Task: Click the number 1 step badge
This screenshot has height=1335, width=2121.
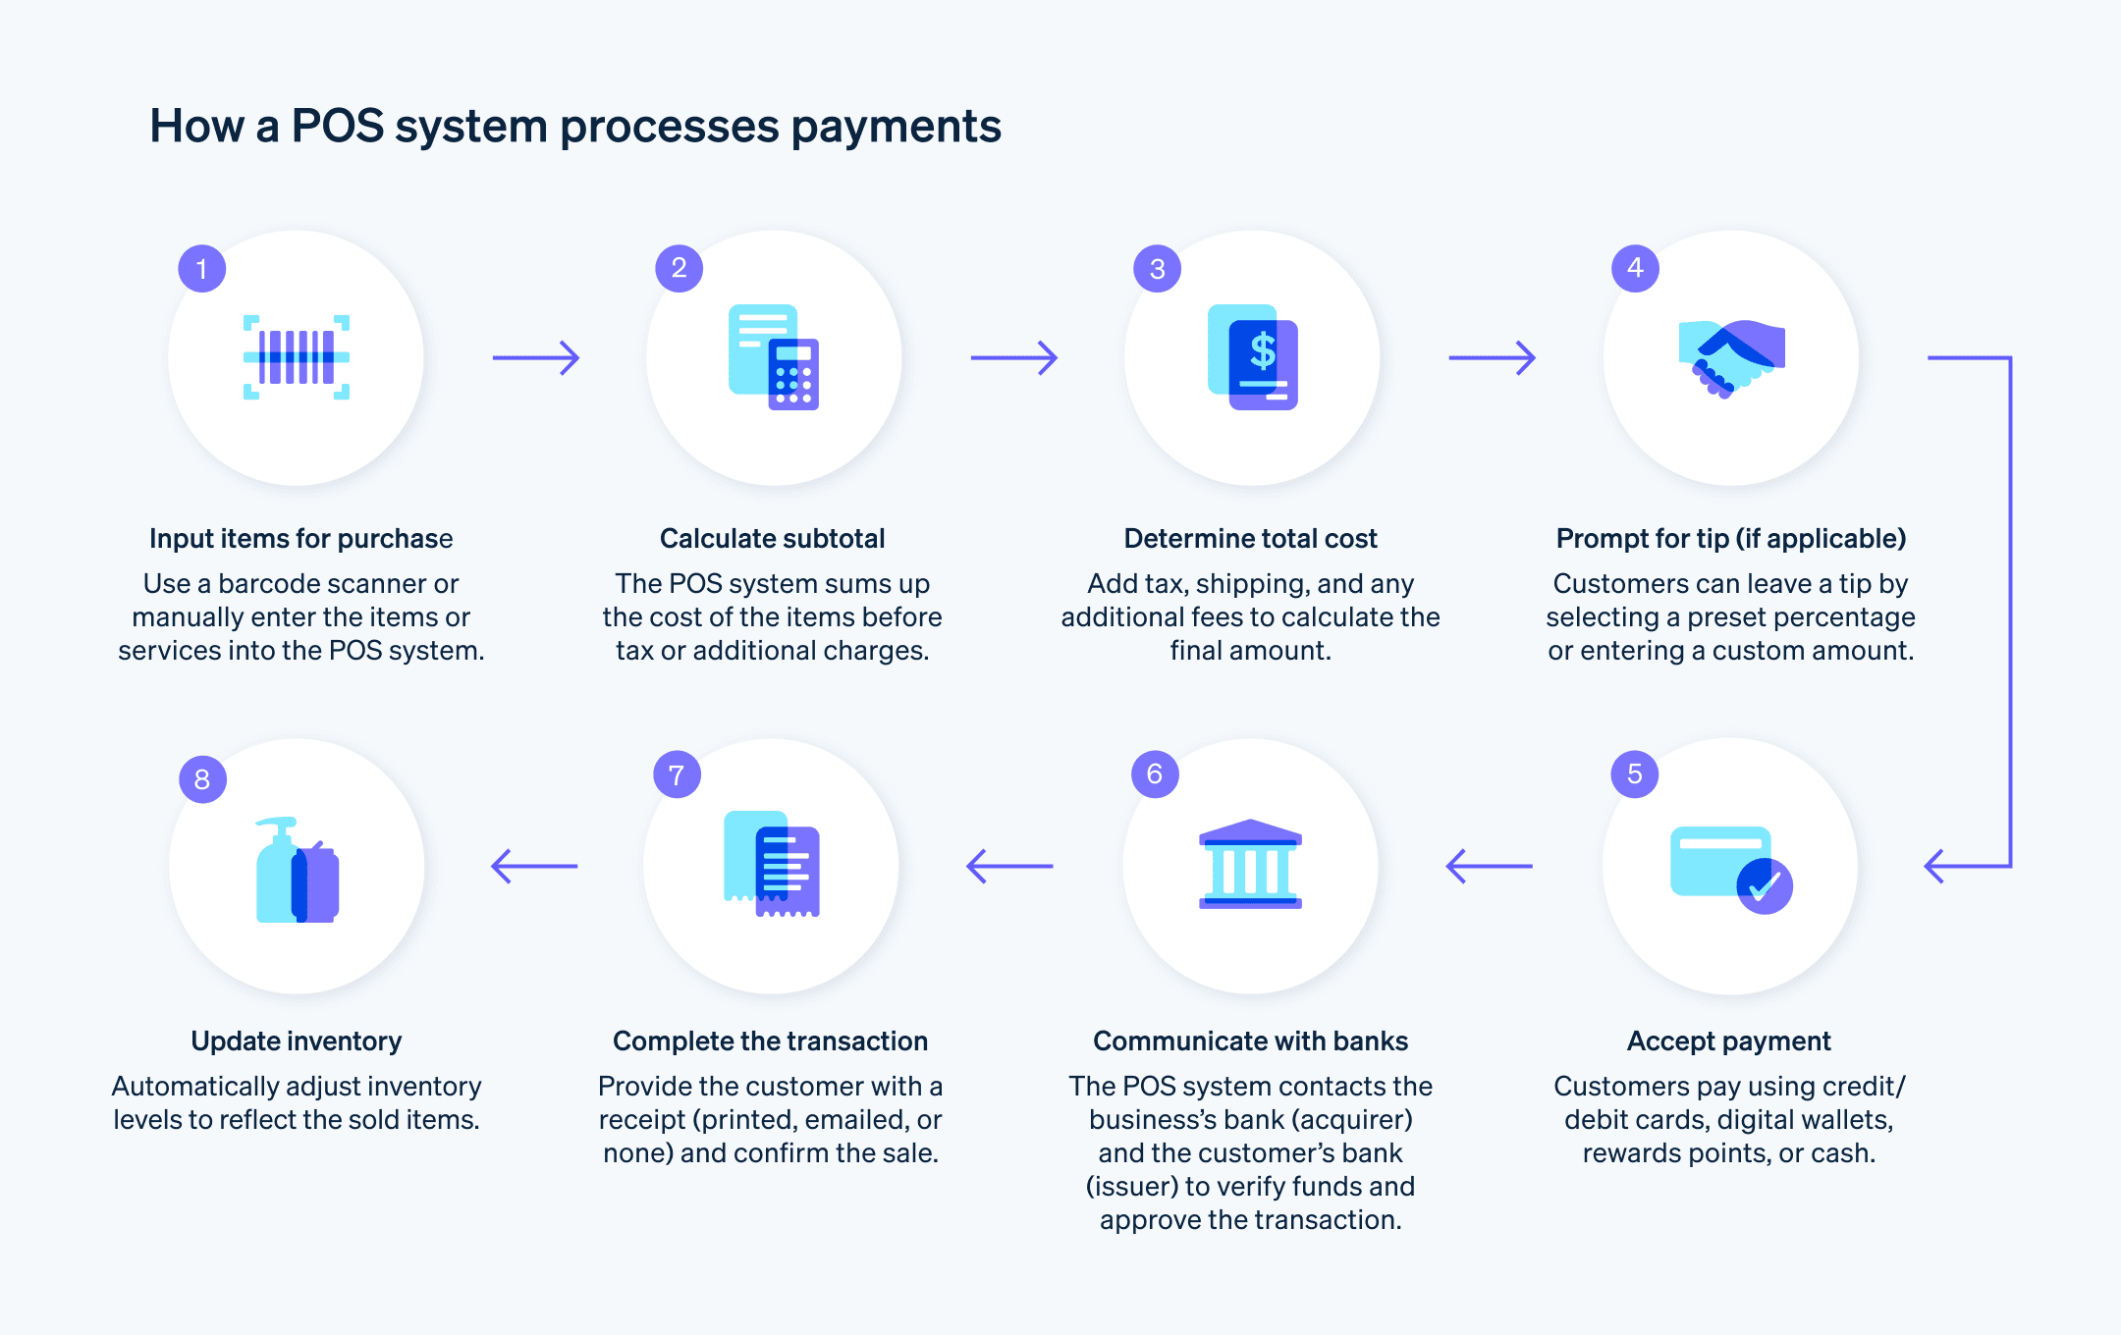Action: [202, 268]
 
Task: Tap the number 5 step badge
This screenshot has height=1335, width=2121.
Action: [1635, 774]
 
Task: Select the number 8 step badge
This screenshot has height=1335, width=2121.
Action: [202, 778]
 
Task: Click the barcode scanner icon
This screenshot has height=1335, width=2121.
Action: [297, 357]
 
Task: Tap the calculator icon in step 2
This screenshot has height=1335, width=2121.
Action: [793, 374]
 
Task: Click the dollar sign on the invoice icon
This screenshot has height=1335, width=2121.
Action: [1263, 350]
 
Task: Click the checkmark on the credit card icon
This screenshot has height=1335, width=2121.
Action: [1765, 886]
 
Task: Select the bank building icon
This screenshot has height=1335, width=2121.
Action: [1250, 864]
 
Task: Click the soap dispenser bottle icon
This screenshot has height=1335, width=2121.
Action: [279, 871]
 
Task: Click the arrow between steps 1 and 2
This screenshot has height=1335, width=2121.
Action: [536, 357]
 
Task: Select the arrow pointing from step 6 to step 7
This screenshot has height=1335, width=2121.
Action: [1009, 866]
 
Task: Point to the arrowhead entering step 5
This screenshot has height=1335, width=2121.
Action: [1934, 866]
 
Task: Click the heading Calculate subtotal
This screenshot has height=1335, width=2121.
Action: [772, 538]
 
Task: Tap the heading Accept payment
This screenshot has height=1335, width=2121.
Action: [1728, 1041]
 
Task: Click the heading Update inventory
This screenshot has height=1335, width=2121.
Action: [297, 1041]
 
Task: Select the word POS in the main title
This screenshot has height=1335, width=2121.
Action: [338, 127]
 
